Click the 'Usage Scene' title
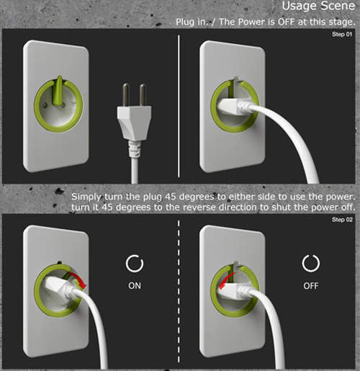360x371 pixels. click(318, 6)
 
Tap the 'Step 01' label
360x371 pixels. click(342, 35)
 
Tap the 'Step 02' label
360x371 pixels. click(342, 220)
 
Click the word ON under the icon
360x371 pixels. click(135, 286)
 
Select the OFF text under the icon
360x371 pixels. click(311, 286)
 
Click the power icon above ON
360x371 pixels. click(135, 263)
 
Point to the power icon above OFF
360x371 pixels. click(311, 263)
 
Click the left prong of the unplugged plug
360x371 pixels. click(126, 95)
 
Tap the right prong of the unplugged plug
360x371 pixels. click(143, 95)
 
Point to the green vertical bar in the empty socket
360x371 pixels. click(58, 91)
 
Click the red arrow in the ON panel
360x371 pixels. click(76, 279)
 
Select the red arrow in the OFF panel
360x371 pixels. click(225, 280)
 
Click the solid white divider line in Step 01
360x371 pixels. click(179, 106)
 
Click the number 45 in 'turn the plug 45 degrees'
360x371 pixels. click(171, 197)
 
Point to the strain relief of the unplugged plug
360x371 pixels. click(135, 149)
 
